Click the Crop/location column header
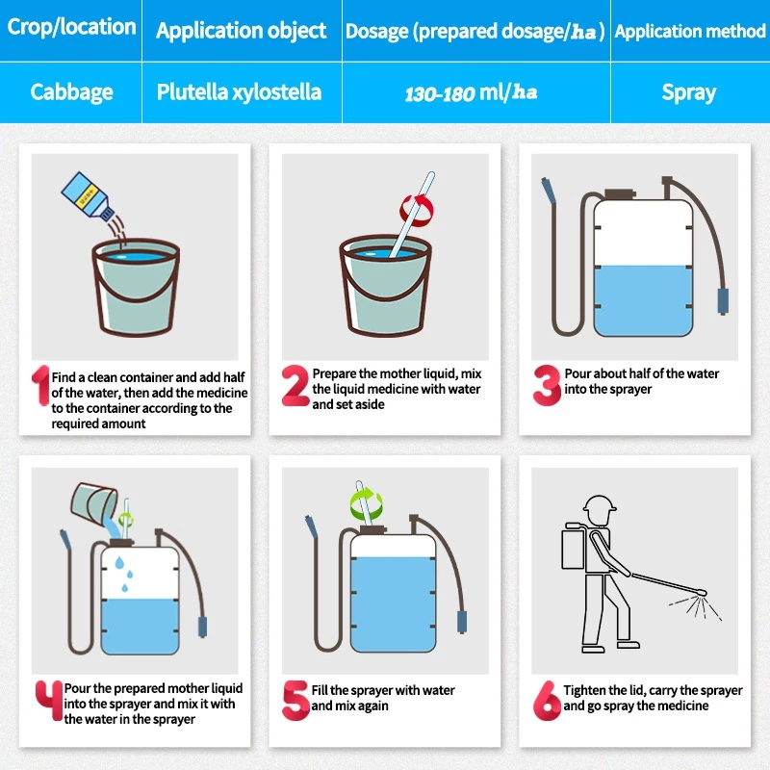click(x=71, y=27)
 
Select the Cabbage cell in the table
click(x=71, y=92)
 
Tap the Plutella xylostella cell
click(x=239, y=92)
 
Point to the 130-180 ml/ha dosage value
click(x=471, y=92)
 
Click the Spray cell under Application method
click(x=688, y=92)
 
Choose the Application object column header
click(x=242, y=31)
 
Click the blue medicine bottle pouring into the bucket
click(x=87, y=195)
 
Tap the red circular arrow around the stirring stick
click(x=417, y=211)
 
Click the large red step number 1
click(x=41, y=386)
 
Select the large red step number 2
click(x=295, y=386)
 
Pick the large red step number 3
click(x=547, y=386)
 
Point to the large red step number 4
click(x=49, y=701)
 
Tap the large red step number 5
click(x=295, y=701)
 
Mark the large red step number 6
click(x=547, y=701)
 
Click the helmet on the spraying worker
click(x=599, y=504)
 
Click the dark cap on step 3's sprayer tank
click(x=620, y=194)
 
